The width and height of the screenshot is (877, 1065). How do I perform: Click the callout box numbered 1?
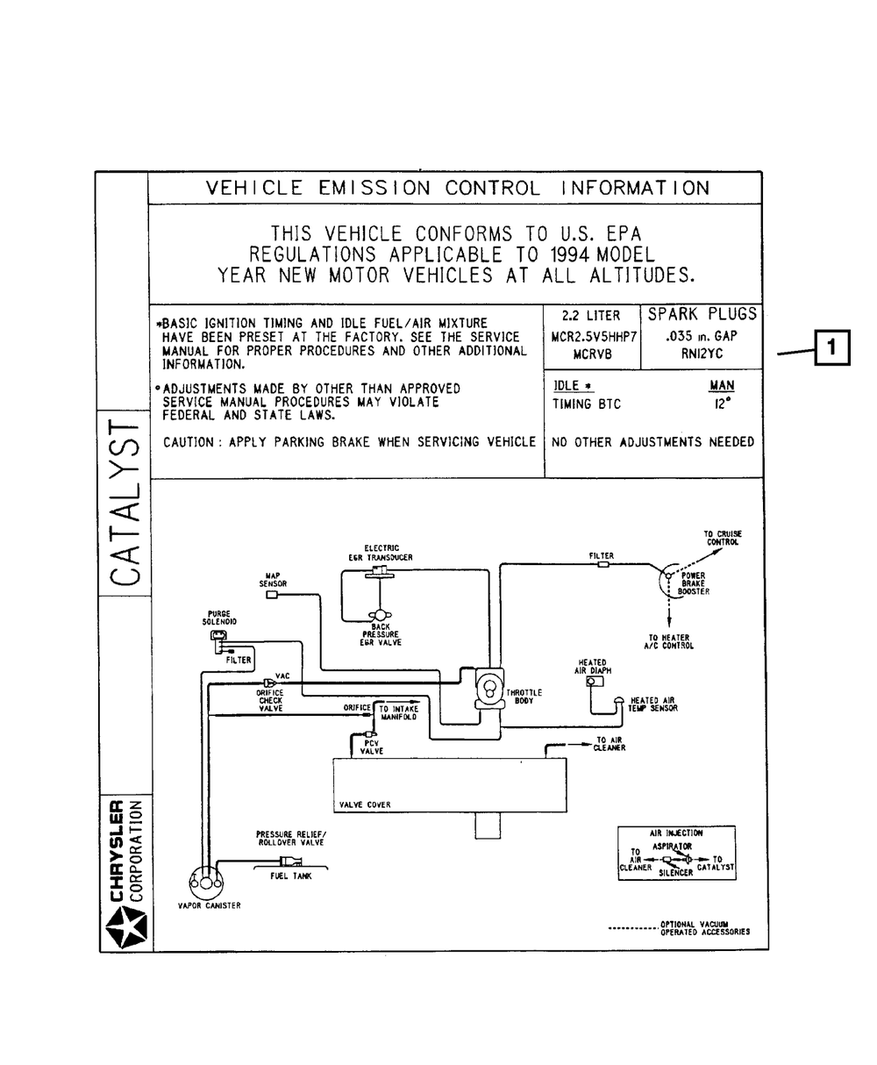(x=832, y=347)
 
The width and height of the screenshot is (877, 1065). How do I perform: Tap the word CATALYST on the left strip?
(x=125, y=503)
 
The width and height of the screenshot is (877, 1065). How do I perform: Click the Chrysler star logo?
(x=124, y=928)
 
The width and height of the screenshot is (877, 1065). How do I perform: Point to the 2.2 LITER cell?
(x=590, y=316)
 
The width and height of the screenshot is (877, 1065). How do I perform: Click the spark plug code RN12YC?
(x=701, y=354)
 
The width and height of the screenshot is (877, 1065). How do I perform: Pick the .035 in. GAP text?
(x=702, y=336)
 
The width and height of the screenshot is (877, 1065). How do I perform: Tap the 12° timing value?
(x=721, y=405)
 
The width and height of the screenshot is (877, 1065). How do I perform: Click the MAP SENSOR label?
(x=273, y=580)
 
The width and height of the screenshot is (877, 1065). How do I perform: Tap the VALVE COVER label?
(x=365, y=804)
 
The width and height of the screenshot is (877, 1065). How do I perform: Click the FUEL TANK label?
(x=290, y=876)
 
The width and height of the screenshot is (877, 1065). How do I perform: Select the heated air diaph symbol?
(x=595, y=681)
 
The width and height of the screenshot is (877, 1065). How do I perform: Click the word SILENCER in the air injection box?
(x=675, y=873)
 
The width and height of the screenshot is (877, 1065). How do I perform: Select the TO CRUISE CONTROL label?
(x=722, y=538)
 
